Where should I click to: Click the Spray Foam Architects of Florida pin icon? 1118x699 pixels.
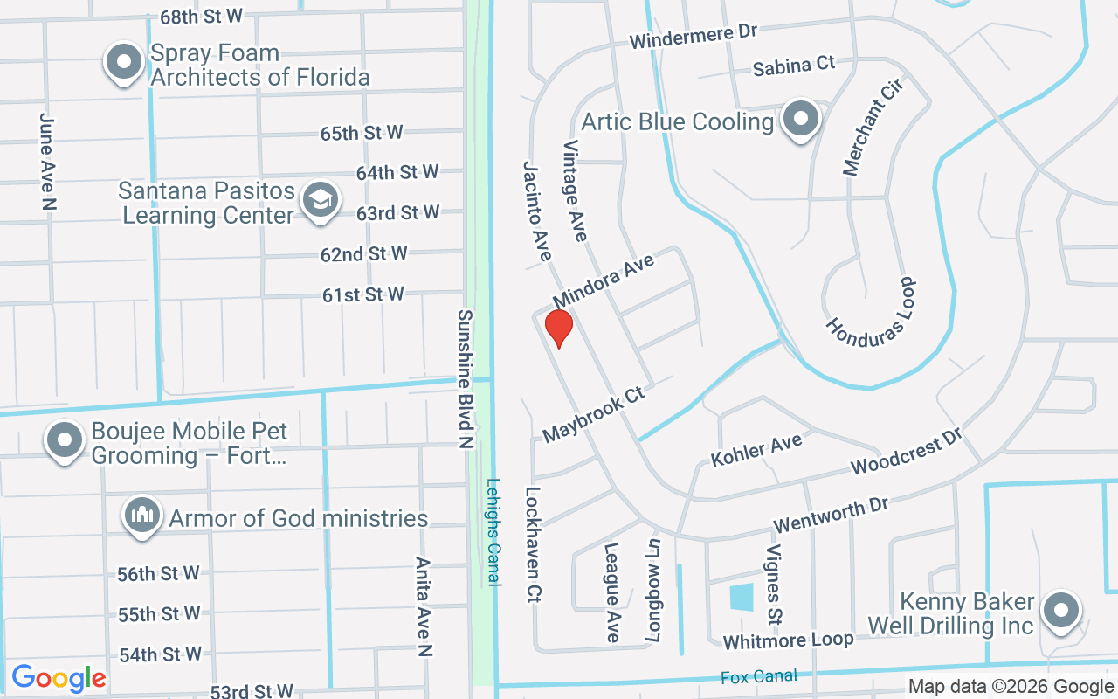coord(124,63)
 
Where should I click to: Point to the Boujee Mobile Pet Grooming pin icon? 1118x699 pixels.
coord(65,441)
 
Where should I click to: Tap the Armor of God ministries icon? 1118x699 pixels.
coord(141,516)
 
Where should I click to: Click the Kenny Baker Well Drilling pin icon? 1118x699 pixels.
coord(1060,611)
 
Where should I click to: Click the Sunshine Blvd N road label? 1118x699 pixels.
coord(466,379)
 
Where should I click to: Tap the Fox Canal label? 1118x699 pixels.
coord(759,676)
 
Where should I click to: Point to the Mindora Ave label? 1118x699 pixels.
coord(604,277)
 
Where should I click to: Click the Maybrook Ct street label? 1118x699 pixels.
coord(593,415)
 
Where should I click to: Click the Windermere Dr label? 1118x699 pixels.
coord(693,36)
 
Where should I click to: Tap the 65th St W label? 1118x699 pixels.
coord(362,133)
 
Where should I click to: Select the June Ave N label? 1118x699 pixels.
coord(48,161)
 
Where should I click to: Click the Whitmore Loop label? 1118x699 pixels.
coord(788,640)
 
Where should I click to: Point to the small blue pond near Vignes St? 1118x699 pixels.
coord(741,598)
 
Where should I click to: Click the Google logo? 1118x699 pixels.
coord(59,678)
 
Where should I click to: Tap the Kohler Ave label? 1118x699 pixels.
coord(756,451)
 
